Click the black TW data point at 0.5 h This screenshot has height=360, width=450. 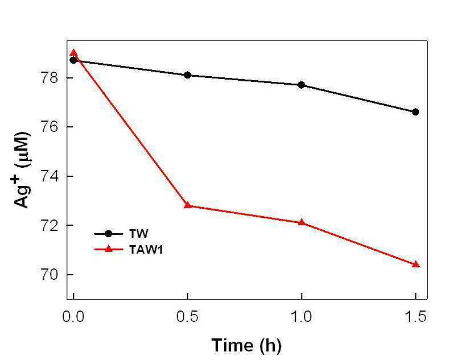pos(187,75)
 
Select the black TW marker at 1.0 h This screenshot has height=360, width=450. pos(302,85)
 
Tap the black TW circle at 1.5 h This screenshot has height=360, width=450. pos(415,112)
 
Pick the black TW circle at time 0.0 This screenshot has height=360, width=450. pos(73,60)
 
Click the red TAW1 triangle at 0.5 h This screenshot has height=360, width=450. pos(187,205)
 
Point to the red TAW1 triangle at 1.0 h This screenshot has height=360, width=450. pos(302,222)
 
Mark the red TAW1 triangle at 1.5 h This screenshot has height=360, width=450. pos(415,264)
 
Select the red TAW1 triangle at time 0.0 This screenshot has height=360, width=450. pos(73,52)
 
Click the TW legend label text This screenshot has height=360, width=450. pos(139,234)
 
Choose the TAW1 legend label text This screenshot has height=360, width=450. pos(146,250)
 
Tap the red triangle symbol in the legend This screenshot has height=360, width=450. pos(109,249)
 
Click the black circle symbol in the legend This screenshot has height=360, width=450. pos(109,234)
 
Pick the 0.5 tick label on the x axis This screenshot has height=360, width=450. pos(187,317)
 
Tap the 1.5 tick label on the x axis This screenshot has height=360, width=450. pos(415,317)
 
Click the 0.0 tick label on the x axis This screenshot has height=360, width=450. pos(73,317)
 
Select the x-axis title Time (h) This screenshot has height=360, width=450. pos(246,345)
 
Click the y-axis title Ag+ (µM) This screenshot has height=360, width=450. pos(22,170)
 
